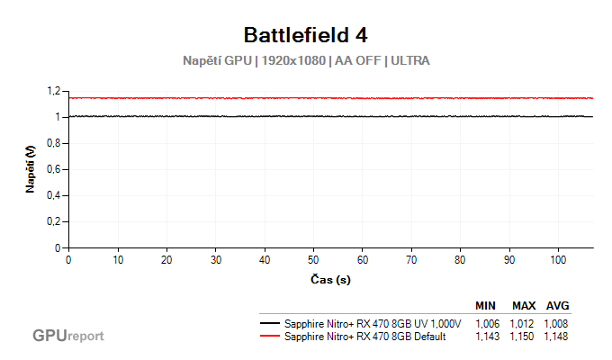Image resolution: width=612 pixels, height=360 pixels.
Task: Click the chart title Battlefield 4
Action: pos(305,35)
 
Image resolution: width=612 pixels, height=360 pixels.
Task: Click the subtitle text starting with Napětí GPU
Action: pos(305,62)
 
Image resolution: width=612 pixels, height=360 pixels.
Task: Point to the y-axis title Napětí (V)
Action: pos(31,169)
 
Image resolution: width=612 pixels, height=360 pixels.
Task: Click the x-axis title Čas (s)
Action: pos(330,279)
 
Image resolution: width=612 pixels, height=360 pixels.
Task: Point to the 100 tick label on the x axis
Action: pos(558,259)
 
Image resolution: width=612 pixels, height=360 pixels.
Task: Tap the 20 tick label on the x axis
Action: pos(166,259)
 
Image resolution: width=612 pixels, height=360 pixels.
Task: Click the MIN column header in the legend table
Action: pos(487,305)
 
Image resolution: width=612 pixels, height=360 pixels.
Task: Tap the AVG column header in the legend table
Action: pos(557,305)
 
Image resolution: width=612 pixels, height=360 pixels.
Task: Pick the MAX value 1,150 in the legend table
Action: pos(523,337)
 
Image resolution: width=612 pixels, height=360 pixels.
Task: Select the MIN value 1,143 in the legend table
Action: pos(487,337)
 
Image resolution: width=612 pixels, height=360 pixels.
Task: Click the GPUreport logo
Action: pos(68,336)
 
